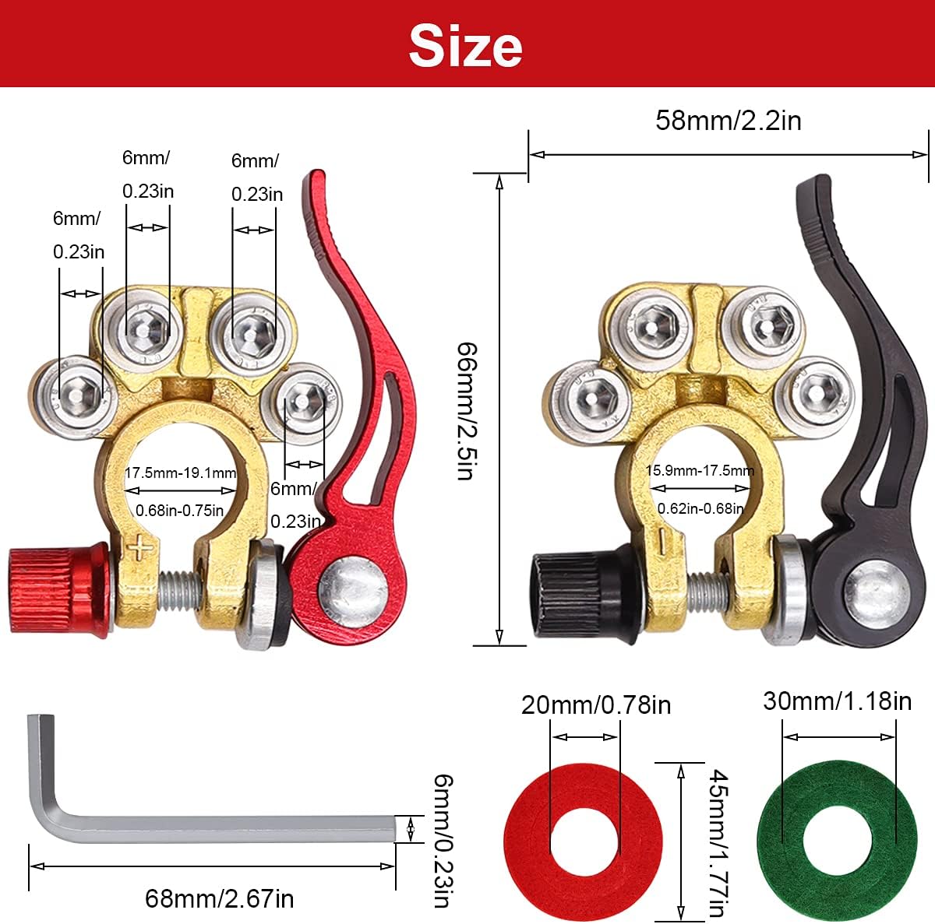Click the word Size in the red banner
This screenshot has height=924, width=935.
tap(465, 46)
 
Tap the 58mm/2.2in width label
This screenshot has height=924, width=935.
tap(728, 120)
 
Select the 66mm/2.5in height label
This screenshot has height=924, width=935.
tap(467, 411)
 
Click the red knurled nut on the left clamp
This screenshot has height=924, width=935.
tap(59, 591)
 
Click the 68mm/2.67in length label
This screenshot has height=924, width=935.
tap(219, 898)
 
